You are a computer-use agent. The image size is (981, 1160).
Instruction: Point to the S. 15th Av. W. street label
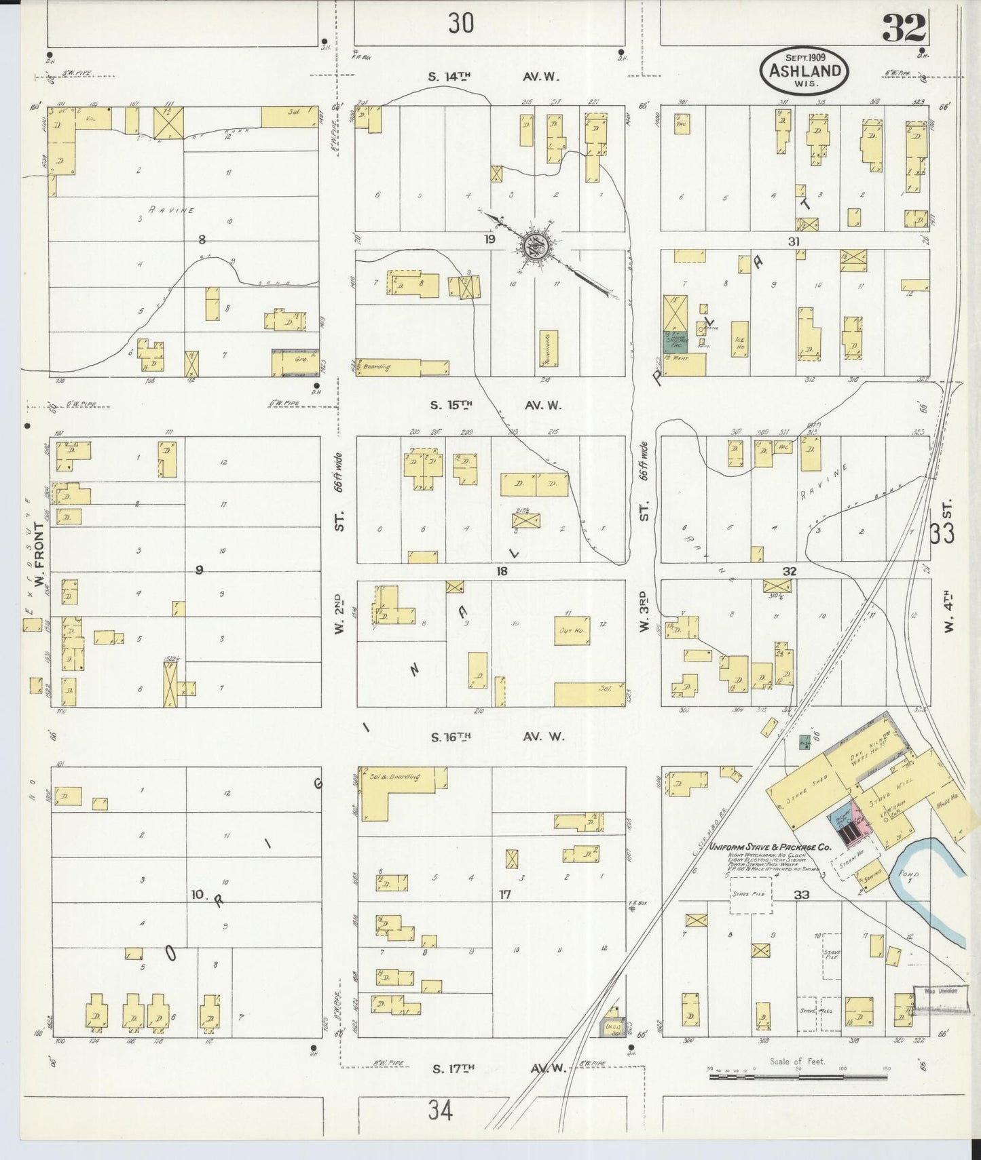(x=496, y=406)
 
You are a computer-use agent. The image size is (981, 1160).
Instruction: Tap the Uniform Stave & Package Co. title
(x=770, y=847)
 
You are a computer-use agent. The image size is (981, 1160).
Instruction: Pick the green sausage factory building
(x=674, y=341)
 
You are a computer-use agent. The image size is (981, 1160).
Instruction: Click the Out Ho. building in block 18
(x=572, y=631)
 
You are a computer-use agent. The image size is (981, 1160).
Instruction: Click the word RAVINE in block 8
(x=173, y=210)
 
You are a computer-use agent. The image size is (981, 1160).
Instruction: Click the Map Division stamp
(x=940, y=992)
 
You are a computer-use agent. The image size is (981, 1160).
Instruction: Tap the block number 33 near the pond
(x=802, y=895)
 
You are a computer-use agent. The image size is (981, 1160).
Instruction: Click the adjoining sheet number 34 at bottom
(x=440, y=1111)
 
